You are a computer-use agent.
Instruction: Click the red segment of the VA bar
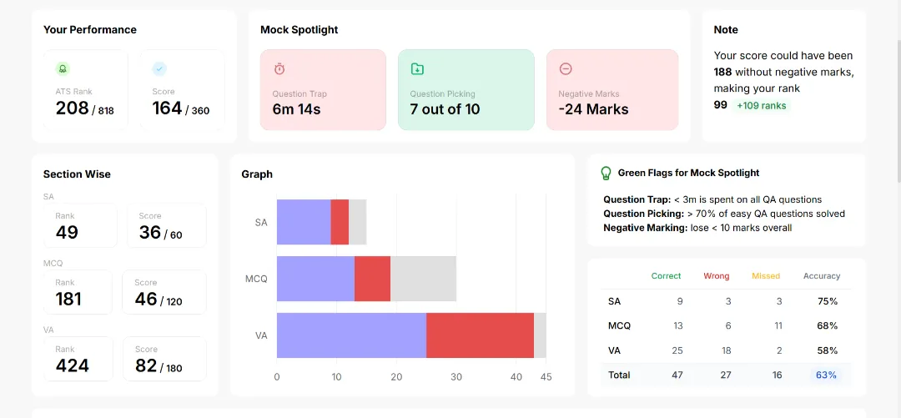[x=480, y=335]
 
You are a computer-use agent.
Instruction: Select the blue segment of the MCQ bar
[x=315, y=279]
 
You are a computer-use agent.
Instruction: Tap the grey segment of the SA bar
[x=357, y=222]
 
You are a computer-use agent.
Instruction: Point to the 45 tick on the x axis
[x=546, y=377]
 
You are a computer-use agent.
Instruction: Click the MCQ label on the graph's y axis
[x=256, y=279]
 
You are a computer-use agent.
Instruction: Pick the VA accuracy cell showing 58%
[x=827, y=350]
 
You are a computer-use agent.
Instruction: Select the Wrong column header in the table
[x=717, y=276]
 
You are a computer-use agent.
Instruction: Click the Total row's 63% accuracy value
[x=826, y=375]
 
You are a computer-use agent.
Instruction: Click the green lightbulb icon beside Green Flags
[x=606, y=173]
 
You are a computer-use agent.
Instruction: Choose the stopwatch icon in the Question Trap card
[x=279, y=69]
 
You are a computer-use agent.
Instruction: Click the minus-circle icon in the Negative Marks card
[x=566, y=69]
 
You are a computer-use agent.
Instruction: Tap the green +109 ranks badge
[x=762, y=105]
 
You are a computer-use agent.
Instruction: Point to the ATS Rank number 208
[x=73, y=108]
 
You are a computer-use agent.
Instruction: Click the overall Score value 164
[x=167, y=108]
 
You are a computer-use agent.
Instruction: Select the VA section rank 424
[x=73, y=365]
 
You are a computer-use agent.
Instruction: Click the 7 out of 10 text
[x=445, y=109]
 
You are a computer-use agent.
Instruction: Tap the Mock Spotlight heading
[x=299, y=30]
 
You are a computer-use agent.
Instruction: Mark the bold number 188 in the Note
[x=722, y=72]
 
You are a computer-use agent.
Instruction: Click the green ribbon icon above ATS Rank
[x=63, y=69]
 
